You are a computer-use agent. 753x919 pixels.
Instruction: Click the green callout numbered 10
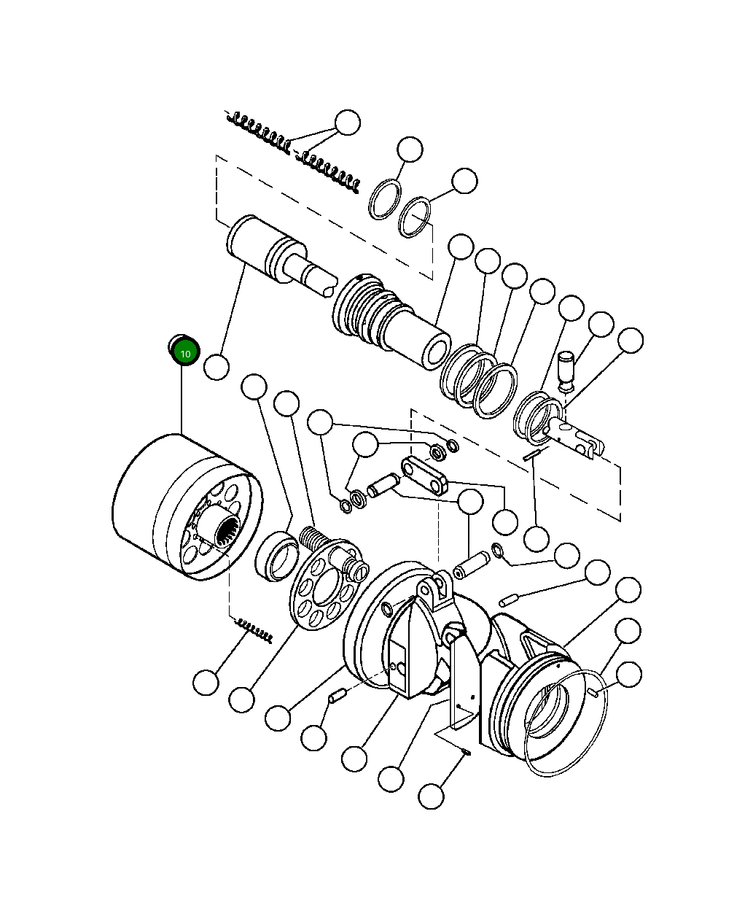pyautogui.click(x=186, y=354)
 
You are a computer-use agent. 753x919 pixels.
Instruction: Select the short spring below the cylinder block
pyautogui.click(x=254, y=630)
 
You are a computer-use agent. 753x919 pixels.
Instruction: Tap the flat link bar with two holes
pyautogui.click(x=425, y=476)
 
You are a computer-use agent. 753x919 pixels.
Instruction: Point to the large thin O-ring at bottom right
pyautogui.click(x=566, y=723)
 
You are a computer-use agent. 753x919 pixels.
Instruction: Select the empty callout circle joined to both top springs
pyautogui.click(x=348, y=123)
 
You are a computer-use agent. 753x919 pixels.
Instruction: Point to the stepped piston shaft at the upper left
pyautogui.click(x=281, y=256)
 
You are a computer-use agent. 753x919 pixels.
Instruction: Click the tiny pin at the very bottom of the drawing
pyautogui.click(x=467, y=752)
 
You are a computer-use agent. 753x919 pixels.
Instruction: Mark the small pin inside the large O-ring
pyautogui.click(x=594, y=692)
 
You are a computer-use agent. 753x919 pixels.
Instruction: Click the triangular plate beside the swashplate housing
pyautogui.click(x=464, y=682)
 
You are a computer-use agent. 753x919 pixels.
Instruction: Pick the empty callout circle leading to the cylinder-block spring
pyautogui.click(x=206, y=683)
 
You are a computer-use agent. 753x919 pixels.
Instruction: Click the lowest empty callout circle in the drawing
pyautogui.click(x=431, y=796)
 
